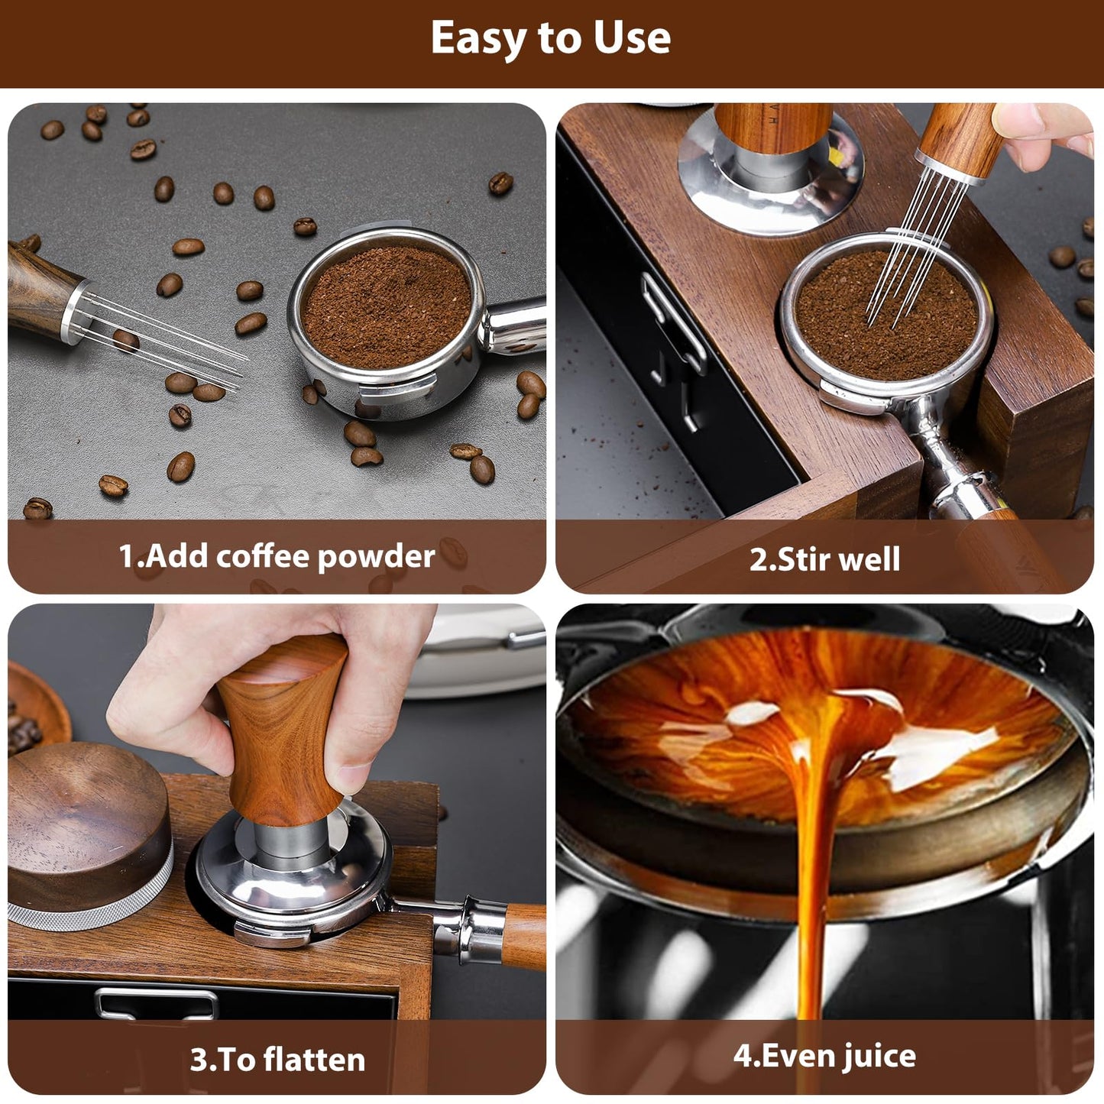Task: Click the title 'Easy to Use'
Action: tap(550, 38)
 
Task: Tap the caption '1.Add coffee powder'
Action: tap(277, 556)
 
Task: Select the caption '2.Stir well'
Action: tap(824, 558)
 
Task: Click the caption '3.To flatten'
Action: tap(277, 1060)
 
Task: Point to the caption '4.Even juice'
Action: tap(824, 1056)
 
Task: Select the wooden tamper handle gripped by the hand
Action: tap(283, 733)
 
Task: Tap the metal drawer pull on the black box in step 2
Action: tap(672, 336)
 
